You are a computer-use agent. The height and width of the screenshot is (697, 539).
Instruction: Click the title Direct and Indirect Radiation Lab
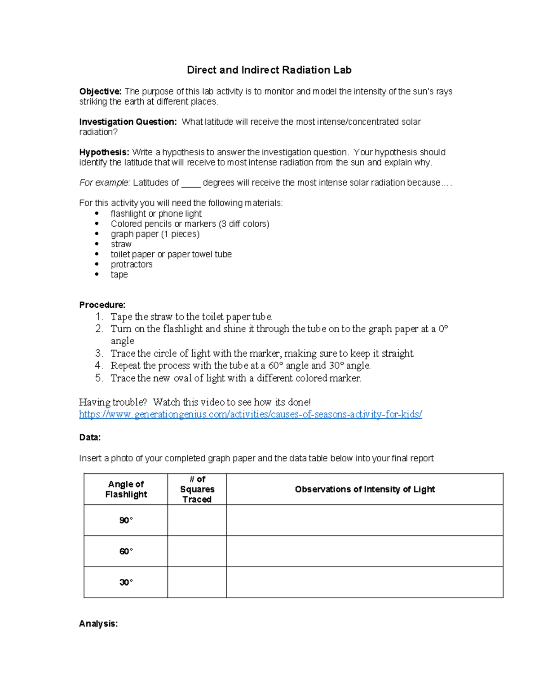(269, 70)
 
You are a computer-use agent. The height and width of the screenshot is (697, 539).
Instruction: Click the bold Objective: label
(100, 92)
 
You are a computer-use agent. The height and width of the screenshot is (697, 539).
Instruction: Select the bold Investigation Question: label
(128, 122)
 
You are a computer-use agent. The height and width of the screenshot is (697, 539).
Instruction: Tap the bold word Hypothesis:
(104, 152)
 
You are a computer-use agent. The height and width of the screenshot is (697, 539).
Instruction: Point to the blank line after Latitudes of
(191, 183)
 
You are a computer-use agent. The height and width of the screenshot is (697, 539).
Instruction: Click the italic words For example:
(105, 183)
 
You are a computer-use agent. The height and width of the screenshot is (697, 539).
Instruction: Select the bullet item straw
(121, 244)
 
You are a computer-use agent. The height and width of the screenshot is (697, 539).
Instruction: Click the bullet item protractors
(132, 264)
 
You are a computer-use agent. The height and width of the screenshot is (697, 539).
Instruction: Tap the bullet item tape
(119, 275)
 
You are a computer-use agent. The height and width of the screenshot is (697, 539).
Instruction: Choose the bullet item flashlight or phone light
(156, 214)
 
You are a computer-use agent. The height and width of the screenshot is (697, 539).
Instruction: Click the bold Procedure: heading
(102, 305)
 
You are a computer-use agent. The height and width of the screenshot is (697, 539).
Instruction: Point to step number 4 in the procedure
(99, 365)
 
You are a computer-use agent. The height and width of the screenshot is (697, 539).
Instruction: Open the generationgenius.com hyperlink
(250, 414)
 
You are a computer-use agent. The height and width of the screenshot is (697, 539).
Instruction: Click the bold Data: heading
(90, 437)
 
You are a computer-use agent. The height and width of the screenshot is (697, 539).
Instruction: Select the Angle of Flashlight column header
(126, 489)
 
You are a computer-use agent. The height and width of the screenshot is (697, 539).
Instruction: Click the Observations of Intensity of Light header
(365, 489)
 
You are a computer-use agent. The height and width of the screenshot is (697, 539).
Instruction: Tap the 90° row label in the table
(126, 520)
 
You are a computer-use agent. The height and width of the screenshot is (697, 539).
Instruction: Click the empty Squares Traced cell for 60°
(197, 551)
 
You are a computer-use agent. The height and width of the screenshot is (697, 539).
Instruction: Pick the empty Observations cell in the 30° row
(365, 582)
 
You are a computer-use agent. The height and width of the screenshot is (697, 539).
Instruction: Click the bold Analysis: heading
(98, 623)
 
